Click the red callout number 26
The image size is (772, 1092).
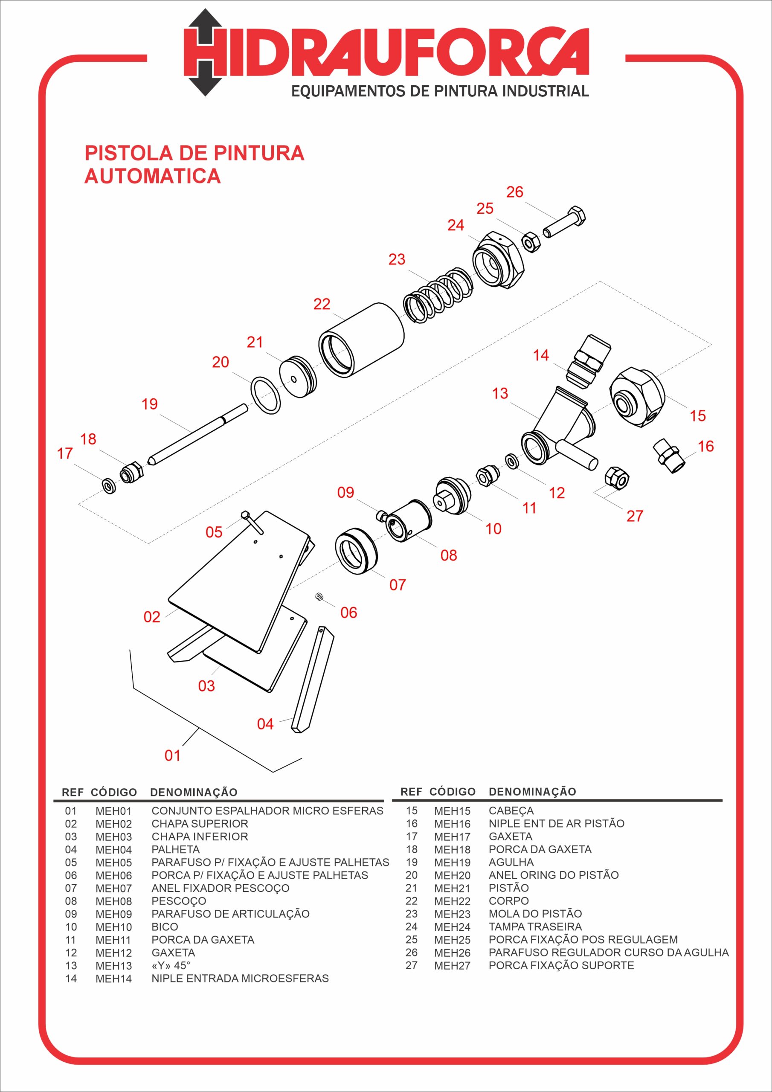515,192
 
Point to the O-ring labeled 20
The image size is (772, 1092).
265,395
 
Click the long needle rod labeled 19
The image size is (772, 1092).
197,434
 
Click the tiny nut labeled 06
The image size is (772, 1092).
319,596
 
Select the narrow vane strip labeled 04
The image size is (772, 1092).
313,679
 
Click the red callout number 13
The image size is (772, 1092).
500,393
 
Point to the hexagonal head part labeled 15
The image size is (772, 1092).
637,397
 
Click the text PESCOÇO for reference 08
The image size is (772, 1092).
179,901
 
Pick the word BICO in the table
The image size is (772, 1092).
165,927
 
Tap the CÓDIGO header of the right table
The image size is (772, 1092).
453,791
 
